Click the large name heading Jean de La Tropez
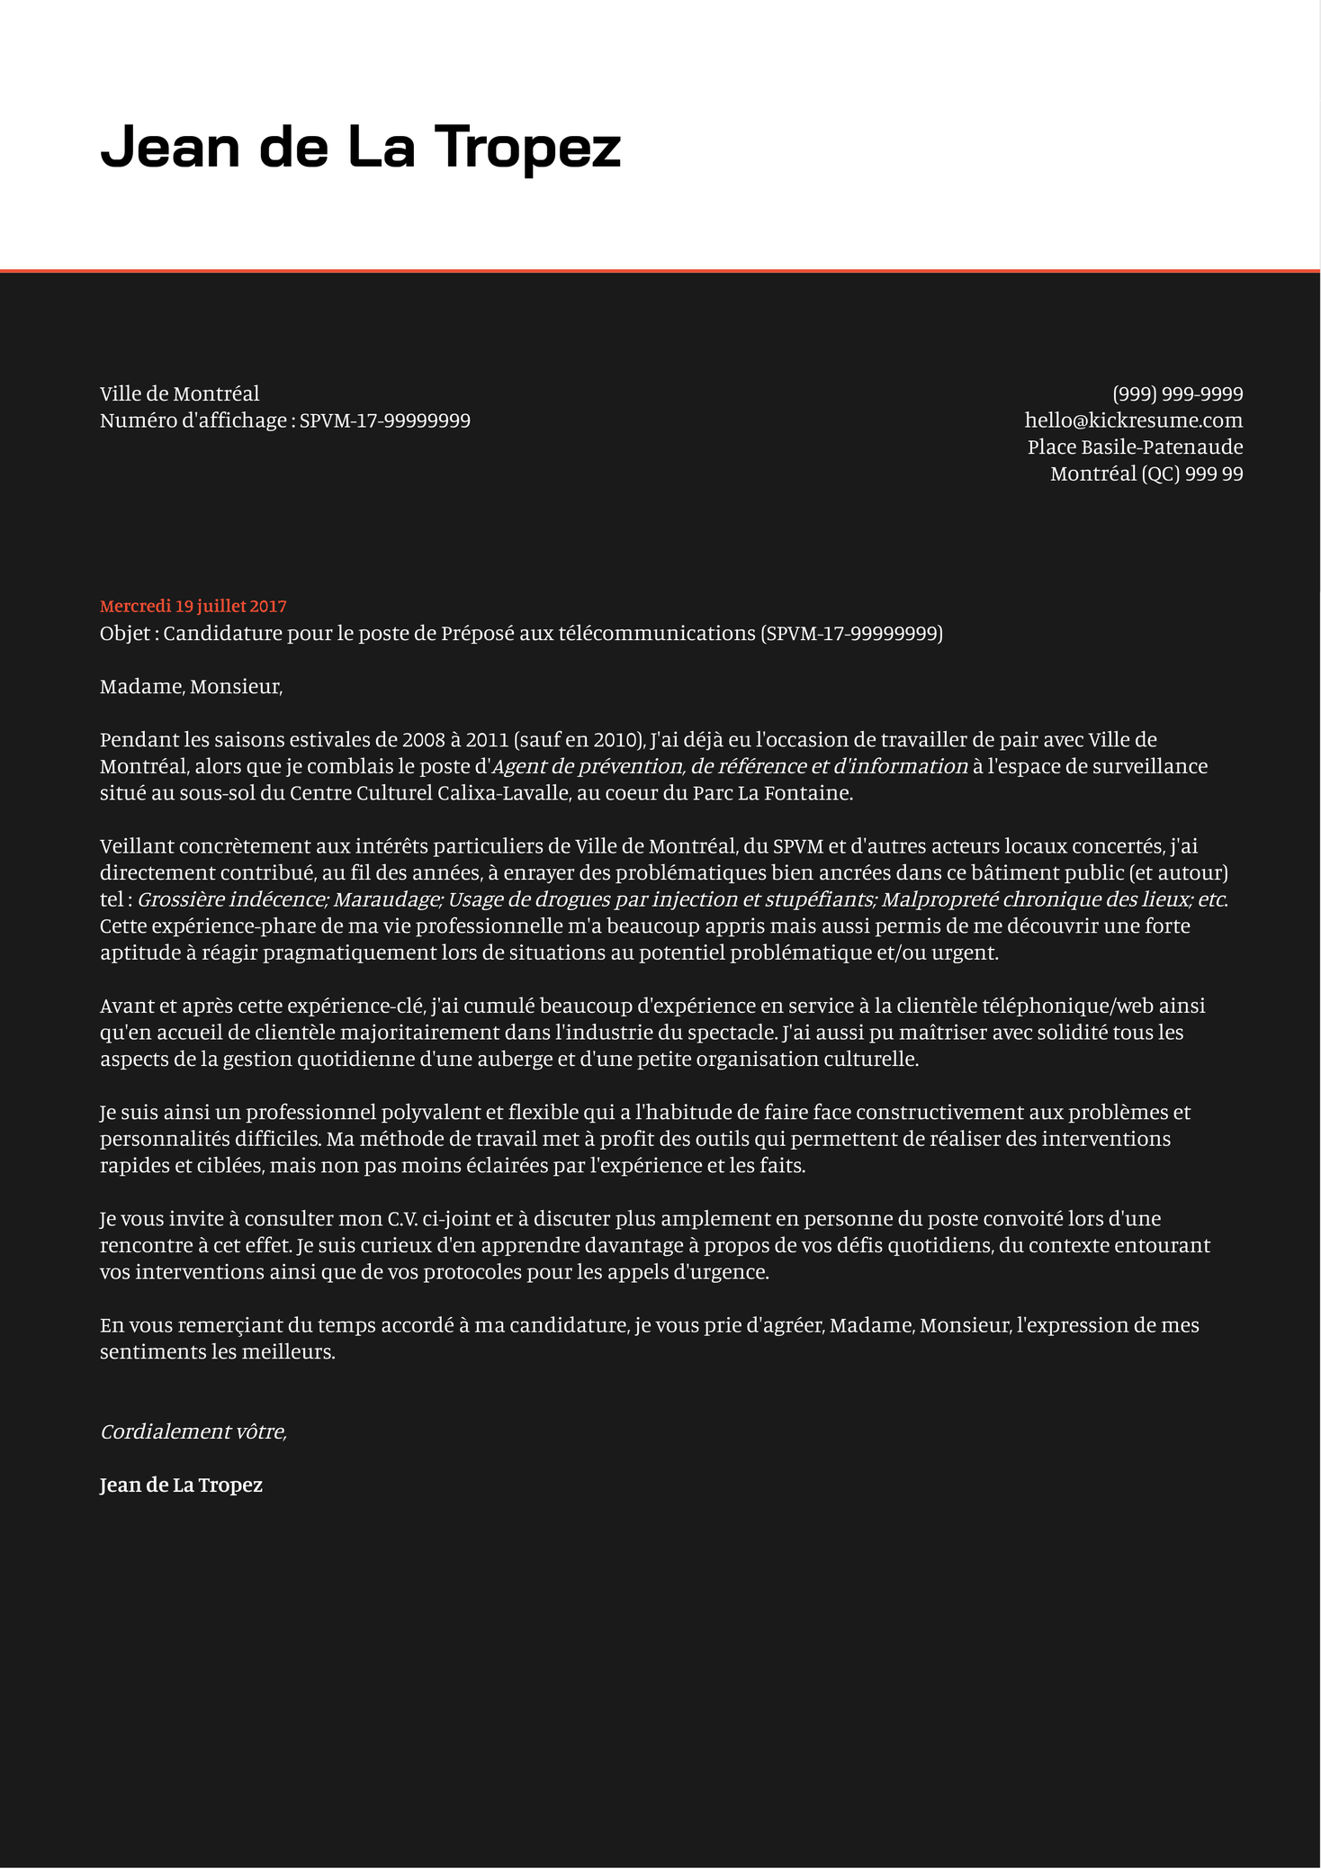click(x=360, y=147)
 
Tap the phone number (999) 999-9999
click(x=1177, y=394)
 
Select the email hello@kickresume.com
click(x=1133, y=420)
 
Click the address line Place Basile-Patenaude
click(x=1135, y=447)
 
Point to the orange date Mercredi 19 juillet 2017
click(x=193, y=607)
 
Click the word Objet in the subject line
click(x=125, y=634)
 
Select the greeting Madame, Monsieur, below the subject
click(x=191, y=687)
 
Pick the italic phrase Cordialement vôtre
click(x=193, y=1431)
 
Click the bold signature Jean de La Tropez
click(x=181, y=1485)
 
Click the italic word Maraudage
click(x=388, y=899)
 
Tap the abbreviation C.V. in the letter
click(x=406, y=1219)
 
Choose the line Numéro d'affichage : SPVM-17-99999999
click(x=284, y=420)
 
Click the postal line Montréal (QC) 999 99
click(x=1146, y=474)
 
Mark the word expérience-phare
click(x=211, y=926)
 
